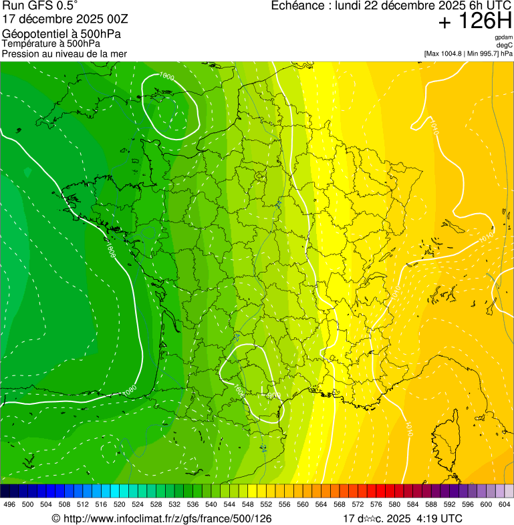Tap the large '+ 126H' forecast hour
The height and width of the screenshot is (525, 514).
coord(475,22)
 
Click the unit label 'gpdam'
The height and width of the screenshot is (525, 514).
coord(504,37)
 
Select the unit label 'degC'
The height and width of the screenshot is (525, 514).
coord(505,45)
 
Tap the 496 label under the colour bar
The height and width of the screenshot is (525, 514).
coord(9,505)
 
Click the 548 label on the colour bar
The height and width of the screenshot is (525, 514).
coord(247,505)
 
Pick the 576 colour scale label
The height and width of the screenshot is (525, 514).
coord(376,505)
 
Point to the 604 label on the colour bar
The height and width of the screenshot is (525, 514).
coord(504,505)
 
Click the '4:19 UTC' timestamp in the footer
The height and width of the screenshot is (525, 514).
coord(439,518)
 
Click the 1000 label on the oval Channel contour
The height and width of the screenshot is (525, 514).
coord(166,77)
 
